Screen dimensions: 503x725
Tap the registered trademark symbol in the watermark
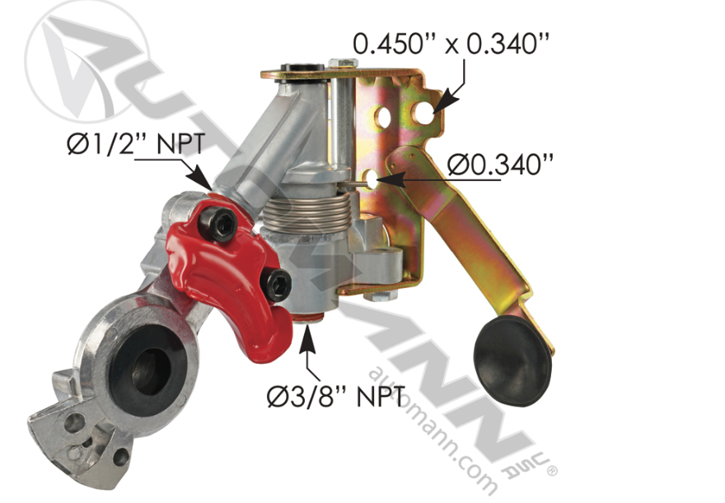pos(553,471)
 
